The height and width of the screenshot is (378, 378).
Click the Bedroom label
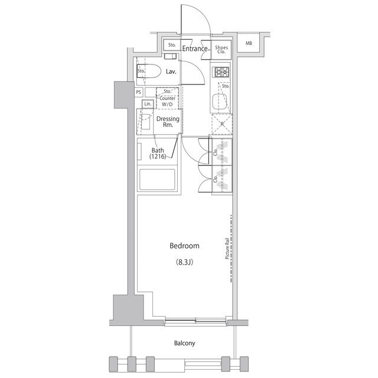[184, 246]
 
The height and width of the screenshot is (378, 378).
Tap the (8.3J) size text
[184, 262]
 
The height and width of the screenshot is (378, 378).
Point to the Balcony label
[184, 343]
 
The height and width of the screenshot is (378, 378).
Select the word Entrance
[195, 48]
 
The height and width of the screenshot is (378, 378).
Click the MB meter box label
[249, 43]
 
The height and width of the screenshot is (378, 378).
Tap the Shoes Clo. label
[221, 50]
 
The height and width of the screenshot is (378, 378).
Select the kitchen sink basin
[220, 102]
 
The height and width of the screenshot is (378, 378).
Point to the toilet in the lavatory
[149, 71]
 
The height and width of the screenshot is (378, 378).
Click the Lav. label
[171, 71]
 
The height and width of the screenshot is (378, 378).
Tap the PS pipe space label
[138, 92]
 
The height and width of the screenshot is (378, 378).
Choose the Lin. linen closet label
[148, 104]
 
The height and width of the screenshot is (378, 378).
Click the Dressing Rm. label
[168, 122]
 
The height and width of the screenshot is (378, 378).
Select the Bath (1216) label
[158, 154]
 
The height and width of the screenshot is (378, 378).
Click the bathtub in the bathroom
[157, 180]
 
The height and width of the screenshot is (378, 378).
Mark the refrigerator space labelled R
[222, 124]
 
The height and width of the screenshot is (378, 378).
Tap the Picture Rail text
[227, 249]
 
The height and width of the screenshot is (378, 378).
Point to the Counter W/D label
[167, 101]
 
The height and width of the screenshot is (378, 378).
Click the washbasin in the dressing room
[146, 122]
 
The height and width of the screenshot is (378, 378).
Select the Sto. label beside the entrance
[172, 45]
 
